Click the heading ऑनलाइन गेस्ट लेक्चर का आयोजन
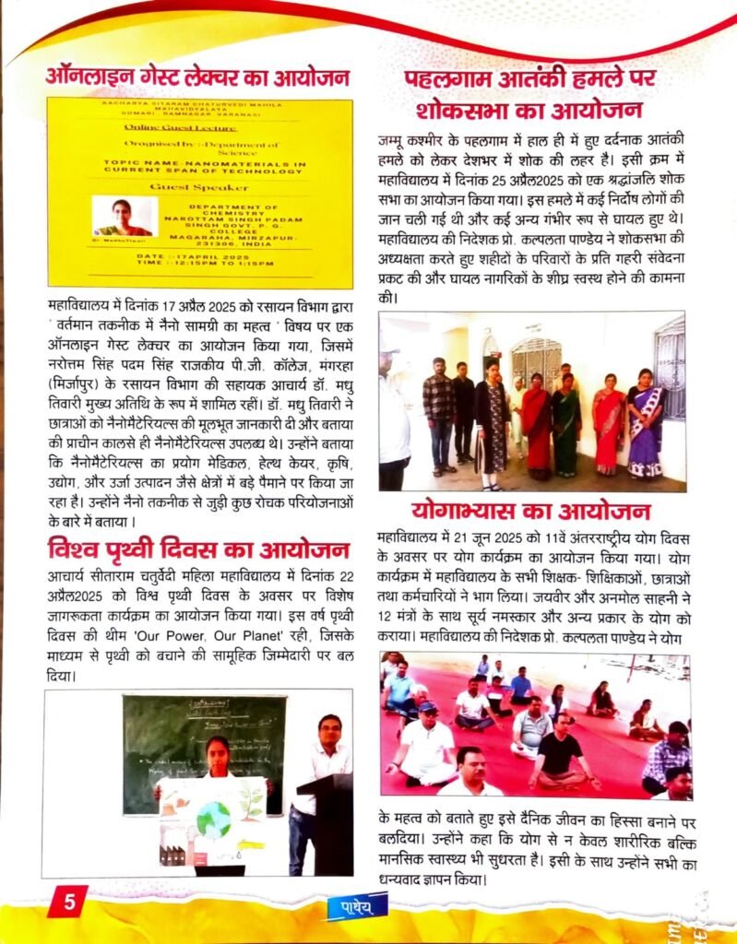tap(197, 76)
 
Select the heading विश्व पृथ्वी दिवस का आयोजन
tap(198, 551)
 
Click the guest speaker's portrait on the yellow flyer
tap(122, 218)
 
